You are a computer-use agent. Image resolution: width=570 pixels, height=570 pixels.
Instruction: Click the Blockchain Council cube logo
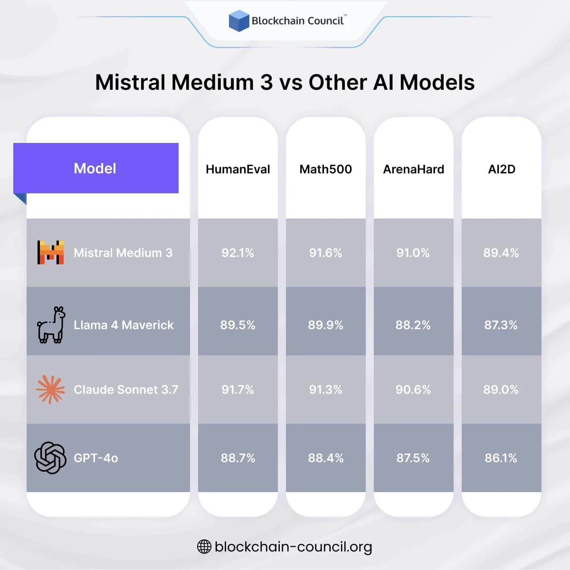pos(239,21)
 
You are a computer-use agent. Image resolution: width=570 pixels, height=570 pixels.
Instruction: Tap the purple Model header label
pos(95,169)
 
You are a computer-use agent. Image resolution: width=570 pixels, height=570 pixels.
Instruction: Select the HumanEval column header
pos(237,169)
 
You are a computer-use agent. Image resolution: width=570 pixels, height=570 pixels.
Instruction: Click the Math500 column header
pos(325,169)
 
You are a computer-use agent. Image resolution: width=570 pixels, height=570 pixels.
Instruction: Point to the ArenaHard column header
pos(413,169)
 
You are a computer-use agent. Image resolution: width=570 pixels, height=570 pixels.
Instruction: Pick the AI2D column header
pos(502,169)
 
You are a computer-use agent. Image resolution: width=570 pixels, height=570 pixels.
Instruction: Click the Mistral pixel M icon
pos(51,252)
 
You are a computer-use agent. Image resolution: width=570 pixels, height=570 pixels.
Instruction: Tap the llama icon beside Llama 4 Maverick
pos(51,324)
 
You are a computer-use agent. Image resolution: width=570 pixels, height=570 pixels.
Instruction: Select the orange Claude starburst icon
pos(50,389)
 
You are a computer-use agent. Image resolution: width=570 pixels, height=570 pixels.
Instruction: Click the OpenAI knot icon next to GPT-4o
pos(50,458)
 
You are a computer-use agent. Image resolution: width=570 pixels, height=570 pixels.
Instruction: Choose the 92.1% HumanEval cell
pos(237,253)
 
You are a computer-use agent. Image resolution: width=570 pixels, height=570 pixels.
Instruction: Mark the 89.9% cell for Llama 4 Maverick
pos(325,325)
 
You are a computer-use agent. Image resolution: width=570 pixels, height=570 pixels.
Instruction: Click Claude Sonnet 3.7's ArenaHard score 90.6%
pos(413,389)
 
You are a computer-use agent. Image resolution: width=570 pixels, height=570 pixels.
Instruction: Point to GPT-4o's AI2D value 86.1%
pos(501,458)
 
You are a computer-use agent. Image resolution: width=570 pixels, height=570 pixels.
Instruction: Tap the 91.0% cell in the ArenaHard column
pos(413,253)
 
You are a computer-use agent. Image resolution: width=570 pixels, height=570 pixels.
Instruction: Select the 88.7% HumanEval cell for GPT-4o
pos(237,458)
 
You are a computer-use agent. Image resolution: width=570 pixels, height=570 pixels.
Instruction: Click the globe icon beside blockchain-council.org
pos(204,547)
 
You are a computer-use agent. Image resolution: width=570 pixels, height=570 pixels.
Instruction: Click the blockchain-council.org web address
pos(293,547)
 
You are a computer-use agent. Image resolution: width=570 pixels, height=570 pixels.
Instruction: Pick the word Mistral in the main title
pos(130,82)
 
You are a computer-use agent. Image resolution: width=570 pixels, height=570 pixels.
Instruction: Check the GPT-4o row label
pos(96,458)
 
